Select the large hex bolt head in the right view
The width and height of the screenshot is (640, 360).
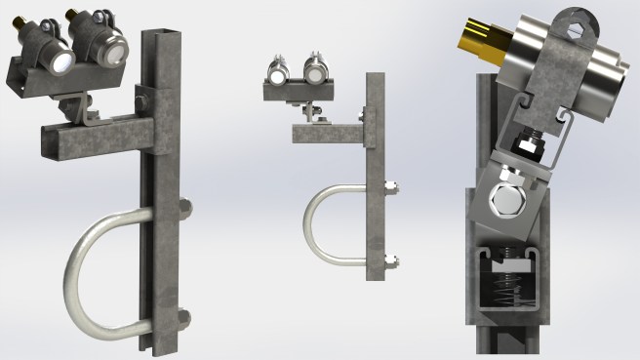pyautogui.click(x=508, y=203)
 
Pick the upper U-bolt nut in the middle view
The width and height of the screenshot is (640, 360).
pyautogui.click(x=389, y=185)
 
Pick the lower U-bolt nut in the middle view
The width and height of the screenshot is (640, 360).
pyautogui.click(x=389, y=260)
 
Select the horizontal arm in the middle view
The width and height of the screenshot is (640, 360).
pyautogui.click(x=327, y=133)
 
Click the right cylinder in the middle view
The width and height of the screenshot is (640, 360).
pyautogui.click(x=315, y=72)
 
